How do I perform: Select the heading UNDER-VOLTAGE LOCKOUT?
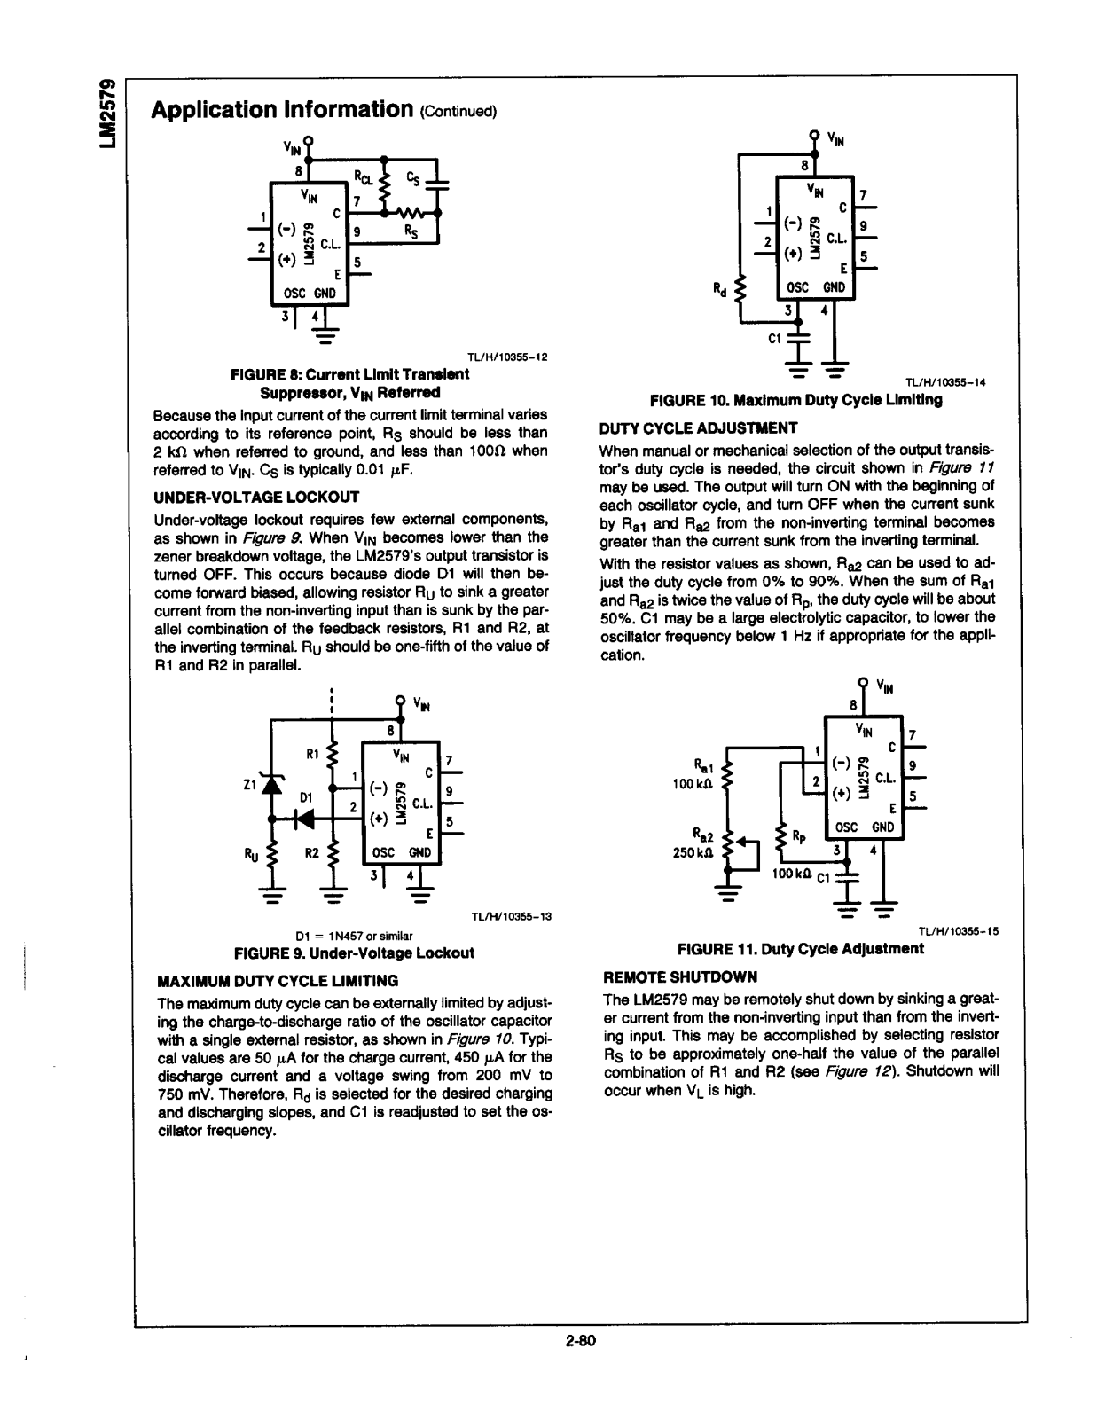256,497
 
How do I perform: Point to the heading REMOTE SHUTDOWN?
680,976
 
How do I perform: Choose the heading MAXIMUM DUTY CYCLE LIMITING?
277,980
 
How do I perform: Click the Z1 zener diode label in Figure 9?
249,784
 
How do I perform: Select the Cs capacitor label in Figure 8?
413,177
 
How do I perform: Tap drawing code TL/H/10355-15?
959,931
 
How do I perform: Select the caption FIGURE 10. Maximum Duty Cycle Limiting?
795,400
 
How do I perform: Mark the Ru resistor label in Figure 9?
251,854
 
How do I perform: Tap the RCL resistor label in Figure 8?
364,176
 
